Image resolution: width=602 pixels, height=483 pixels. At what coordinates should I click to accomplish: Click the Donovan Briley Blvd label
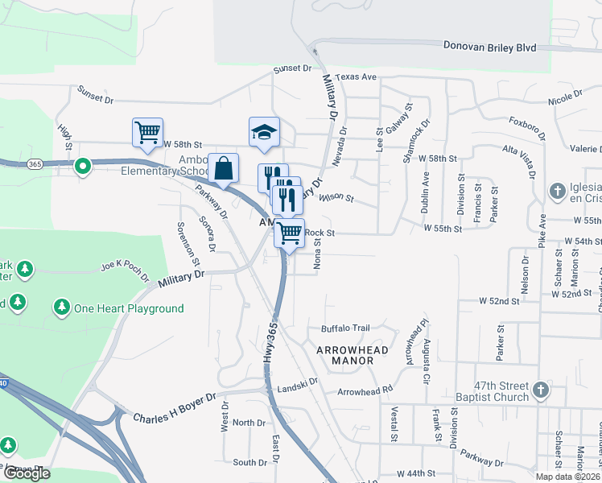(x=489, y=47)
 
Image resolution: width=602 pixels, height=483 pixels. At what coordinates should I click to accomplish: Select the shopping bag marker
(x=224, y=167)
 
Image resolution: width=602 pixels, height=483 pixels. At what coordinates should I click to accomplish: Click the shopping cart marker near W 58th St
(x=147, y=132)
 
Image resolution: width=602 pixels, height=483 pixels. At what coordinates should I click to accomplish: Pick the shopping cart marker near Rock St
(x=290, y=233)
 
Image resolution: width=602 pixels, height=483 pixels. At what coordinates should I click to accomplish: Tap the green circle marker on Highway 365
(x=82, y=167)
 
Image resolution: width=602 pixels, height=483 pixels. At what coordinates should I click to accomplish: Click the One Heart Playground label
(x=129, y=308)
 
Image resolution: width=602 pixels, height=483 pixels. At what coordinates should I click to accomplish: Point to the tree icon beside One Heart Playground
(x=61, y=308)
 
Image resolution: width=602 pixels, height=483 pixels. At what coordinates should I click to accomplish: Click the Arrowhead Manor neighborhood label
(x=352, y=355)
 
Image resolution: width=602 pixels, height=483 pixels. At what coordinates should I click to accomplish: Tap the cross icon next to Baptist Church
(x=541, y=390)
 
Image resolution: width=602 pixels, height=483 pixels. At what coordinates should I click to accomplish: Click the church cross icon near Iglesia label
(x=557, y=192)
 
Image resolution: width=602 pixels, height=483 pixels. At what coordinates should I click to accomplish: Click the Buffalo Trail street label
(x=345, y=328)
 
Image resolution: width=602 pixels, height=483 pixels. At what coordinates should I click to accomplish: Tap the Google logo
(x=26, y=473)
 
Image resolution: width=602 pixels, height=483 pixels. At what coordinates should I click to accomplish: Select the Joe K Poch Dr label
(x=124, y=267)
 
